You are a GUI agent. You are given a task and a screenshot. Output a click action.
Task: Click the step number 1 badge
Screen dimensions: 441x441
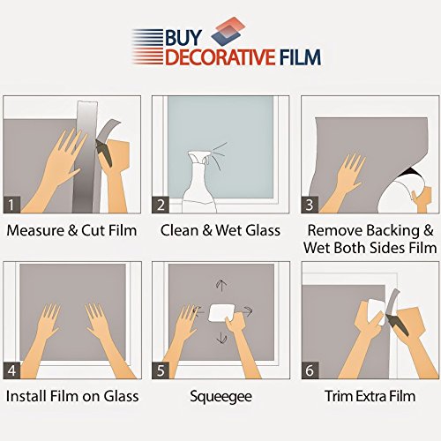pos(11,205)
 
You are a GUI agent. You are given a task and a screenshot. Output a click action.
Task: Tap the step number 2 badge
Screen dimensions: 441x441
pos(161,205)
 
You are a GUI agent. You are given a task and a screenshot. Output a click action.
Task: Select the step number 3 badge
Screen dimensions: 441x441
pos(310,205)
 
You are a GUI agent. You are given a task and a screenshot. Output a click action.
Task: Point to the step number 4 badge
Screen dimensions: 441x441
pos(11,370)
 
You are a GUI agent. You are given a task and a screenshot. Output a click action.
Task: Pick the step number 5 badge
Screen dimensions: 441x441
pos(161,370)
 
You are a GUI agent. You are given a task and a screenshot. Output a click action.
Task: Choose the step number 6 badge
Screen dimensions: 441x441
pos(310,370)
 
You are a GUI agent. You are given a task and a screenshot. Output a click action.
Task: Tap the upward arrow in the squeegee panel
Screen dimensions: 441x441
pos(221,286)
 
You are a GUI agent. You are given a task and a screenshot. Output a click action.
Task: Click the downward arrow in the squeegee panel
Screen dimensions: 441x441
pos(221,337)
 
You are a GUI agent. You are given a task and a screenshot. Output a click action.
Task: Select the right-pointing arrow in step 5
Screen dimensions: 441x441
pos(245,311)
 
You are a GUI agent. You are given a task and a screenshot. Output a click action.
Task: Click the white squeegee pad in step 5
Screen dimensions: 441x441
pos(221,313)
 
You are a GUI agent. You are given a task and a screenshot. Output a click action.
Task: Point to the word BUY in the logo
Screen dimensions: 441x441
pos(183,38)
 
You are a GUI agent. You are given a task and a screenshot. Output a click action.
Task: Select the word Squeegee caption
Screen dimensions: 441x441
pos(220,397)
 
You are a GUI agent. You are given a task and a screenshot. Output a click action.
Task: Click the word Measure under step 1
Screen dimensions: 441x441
pos(35,230)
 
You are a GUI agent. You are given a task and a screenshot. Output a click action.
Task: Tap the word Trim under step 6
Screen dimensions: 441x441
pos(339,396)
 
